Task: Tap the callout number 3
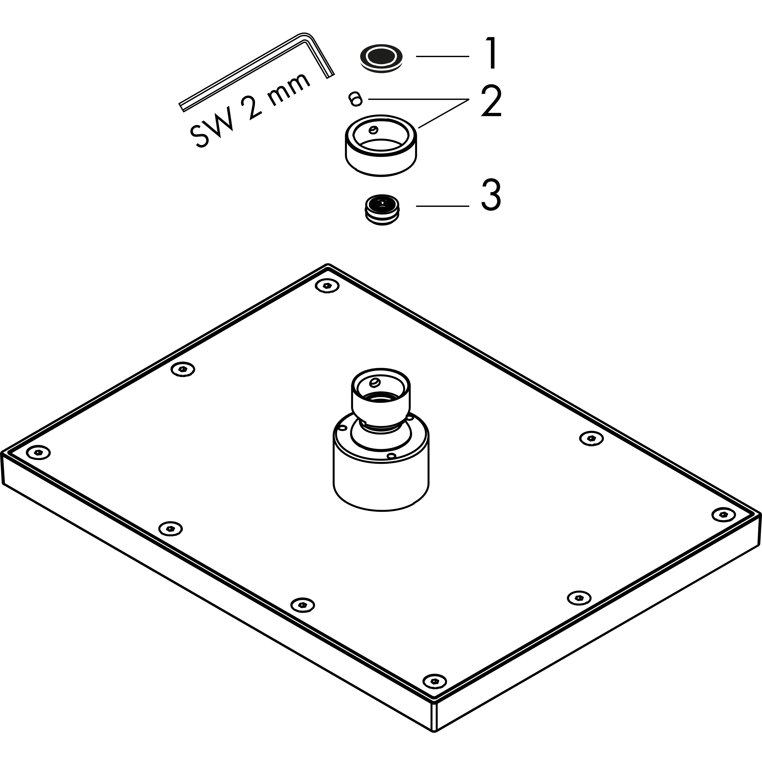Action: point(491,195)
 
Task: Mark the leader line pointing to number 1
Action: point(443,56)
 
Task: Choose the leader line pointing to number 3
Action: point(443,206)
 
